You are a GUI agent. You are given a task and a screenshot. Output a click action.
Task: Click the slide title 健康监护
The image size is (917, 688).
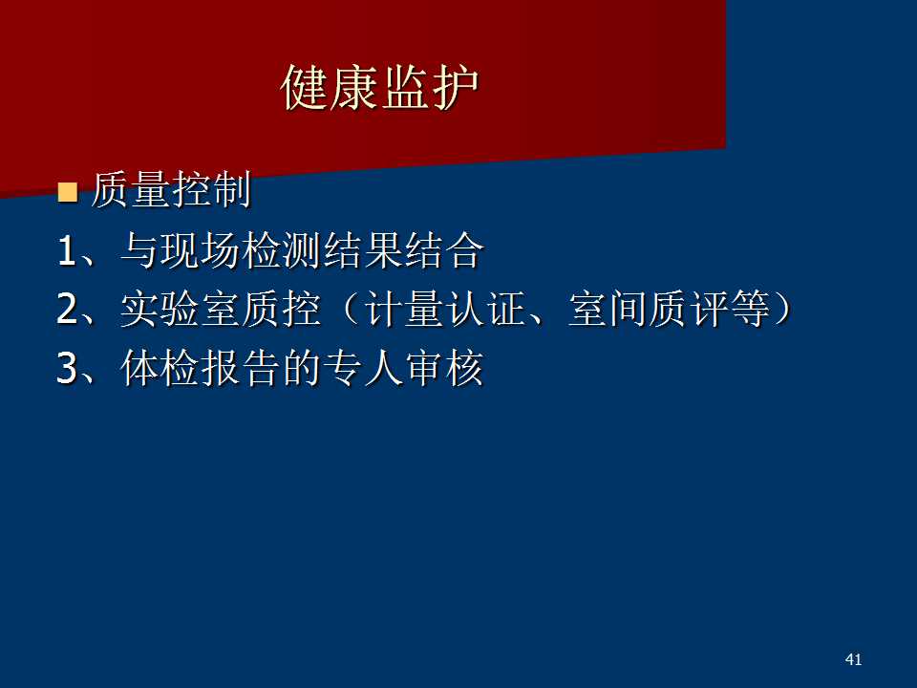(380, 88)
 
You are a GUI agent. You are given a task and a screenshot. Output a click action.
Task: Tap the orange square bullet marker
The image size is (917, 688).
(68, 191)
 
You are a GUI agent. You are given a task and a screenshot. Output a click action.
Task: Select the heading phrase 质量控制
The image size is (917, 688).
(171, 189)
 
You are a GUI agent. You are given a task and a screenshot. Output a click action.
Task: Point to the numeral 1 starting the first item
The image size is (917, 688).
(67, 251)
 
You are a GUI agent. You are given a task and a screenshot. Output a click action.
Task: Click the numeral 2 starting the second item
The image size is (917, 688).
(68, 309)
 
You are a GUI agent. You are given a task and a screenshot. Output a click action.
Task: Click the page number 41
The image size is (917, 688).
(853, 659)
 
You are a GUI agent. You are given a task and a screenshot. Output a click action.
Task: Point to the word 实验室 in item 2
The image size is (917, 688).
(181, 309)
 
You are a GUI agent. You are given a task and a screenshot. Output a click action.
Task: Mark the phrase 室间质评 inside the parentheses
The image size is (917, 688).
(648, 309)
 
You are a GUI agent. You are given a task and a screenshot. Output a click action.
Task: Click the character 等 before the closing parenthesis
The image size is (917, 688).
(749, 309)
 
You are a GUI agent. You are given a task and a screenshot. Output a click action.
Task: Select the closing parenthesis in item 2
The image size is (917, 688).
(782, 309)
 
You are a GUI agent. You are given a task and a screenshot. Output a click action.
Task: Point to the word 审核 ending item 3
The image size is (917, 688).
(444, 367)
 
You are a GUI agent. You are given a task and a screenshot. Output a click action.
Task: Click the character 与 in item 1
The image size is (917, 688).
(140, 250)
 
